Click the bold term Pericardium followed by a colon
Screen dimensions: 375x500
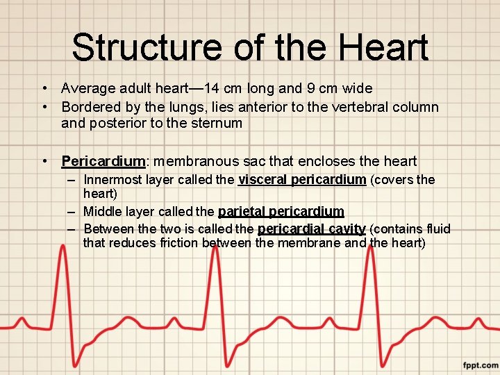(102, 162)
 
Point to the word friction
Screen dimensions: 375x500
(176, 243)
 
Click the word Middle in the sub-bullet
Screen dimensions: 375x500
(101, 211)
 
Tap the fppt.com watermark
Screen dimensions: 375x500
(480, 365)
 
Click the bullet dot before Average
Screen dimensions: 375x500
(44, 89)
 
